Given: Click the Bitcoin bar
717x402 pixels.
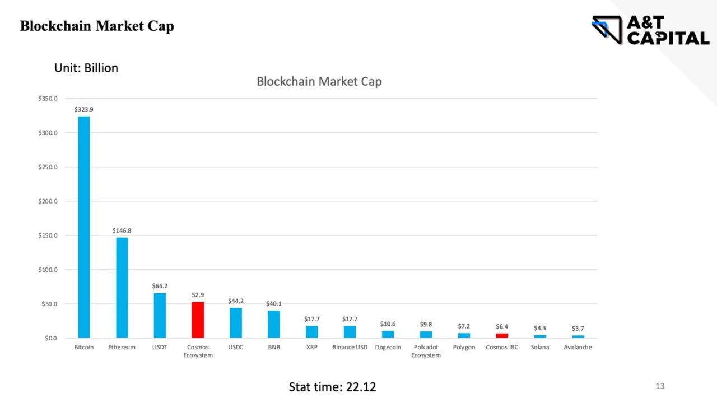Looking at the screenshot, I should pyautogui.click(x=83, y=227).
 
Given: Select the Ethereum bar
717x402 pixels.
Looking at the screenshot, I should pyautogui.click(x=122, y=288).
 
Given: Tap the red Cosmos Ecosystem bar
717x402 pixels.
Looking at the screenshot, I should pyautogui.click(x=198, y=320).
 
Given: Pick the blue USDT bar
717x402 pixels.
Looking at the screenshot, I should pyautogui.click(x=160, y=315).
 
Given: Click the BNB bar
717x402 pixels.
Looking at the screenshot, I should pyautogui.click(x=274, y=324).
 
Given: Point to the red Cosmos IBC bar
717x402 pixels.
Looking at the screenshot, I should pyautogui.click(x=502, y=336).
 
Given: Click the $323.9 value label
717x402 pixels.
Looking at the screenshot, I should pyautogui.click(x=83, y=109).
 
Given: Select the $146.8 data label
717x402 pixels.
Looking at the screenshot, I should pyautogui.click(x=122, y=230).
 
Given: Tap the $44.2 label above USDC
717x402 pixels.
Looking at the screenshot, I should pyautogui.click(x=236, y=301).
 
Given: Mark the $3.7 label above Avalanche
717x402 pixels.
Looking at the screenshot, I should pyautogui.click(x=578, y=328).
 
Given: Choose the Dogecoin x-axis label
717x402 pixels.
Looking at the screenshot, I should pyautogui.click(x=388, y=348).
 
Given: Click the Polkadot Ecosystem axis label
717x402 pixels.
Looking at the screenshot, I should pyautogui.click(x=426, y=351).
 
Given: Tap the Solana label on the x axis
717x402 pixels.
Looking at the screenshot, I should pyautogui.click(x=540, y=348).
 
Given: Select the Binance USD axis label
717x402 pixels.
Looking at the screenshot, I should pyautogui.click(x=350, y=348).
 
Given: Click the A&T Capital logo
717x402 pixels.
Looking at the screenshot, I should pyautogui.click(x=650, y=30).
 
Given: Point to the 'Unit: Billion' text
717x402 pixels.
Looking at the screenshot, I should pyautogui.click(x=86, y=68).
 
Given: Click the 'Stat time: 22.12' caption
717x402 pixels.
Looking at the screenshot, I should pyautogui.click(x=332, y=387).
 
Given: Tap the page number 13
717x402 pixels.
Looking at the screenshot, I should pyautogui.click(x=660, y=386).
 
